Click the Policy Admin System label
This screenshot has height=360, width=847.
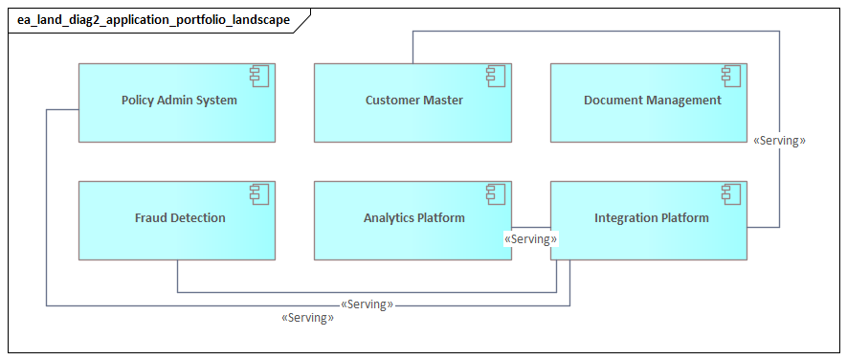click(x=179, y=100)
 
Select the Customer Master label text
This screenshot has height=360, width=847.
click(x=413, y=100)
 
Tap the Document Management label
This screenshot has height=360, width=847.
click(x=652, y=100)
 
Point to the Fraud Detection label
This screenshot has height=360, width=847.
click(x=180, y=217)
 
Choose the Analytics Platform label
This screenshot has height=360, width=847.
click(x=413, y=217)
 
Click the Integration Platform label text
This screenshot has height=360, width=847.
click(x=651, y=217)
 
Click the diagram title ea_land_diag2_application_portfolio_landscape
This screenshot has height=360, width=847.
click(x=153, y=19)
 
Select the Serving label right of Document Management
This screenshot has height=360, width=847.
click(x=779, y=140)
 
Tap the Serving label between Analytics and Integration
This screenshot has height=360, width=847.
click(x=530, y=238)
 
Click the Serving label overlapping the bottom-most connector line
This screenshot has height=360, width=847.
click(x=367, y=304)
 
